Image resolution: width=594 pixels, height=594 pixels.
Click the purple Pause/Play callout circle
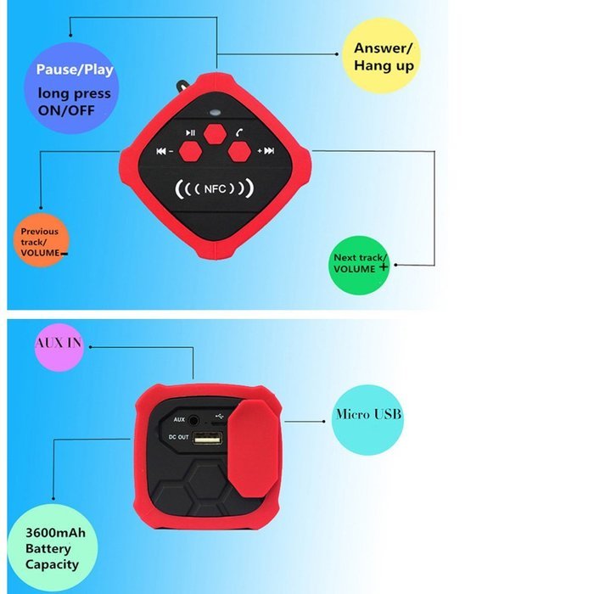point(71,88)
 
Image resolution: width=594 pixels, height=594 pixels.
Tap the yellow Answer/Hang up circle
point(381,56)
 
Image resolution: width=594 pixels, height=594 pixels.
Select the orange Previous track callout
point(42,240)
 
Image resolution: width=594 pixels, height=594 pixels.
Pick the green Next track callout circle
point(359,265)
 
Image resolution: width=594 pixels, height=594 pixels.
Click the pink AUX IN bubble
point(59,347)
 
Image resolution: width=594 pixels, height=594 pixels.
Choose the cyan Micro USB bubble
point(367,420)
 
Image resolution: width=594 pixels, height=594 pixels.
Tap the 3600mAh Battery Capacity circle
point(53,547)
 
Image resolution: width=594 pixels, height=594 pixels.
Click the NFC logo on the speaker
point(215,188)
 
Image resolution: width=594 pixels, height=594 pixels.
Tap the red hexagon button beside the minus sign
point(190,151)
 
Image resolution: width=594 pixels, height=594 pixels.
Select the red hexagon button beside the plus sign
point(239,151)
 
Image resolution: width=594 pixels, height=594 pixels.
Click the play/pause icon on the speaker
point(190,132)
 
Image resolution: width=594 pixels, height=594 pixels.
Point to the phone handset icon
point(239,132)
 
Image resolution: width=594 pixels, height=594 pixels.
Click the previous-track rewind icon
point(161,151)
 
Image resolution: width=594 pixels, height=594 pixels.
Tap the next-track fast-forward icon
point(269,151)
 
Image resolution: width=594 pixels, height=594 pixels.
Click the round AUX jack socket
point(193,420)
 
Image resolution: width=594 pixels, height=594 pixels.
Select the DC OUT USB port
point(207,439)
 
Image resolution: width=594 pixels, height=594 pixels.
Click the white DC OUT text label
point(178,437)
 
